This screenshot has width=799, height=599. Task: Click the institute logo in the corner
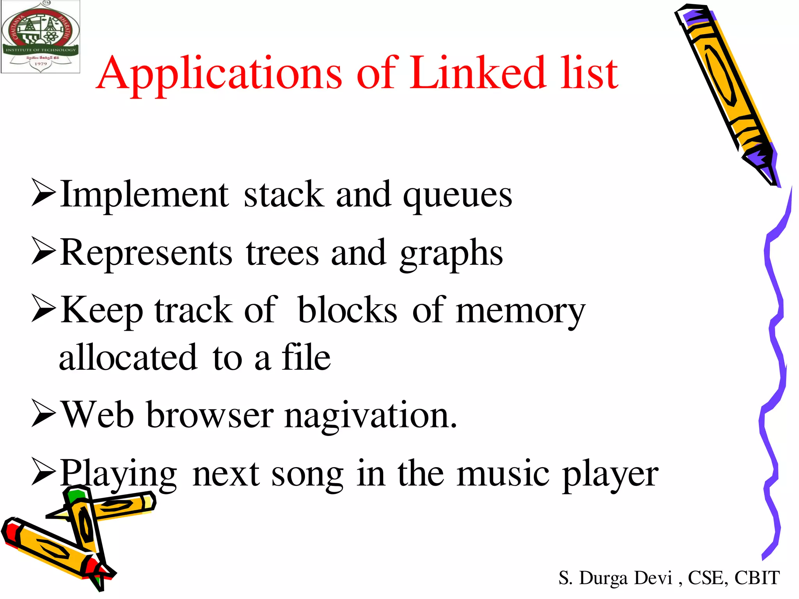click(x=41, y=37)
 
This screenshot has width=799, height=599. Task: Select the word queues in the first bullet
click(x=457, y=196)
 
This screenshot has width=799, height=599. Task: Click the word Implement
click(x=144, y=195)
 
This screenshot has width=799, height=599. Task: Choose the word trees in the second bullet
click(x=282, y=253)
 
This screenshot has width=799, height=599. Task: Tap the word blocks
click(x=347, y=310)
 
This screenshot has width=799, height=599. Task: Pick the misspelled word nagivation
click(x=371, y=416)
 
